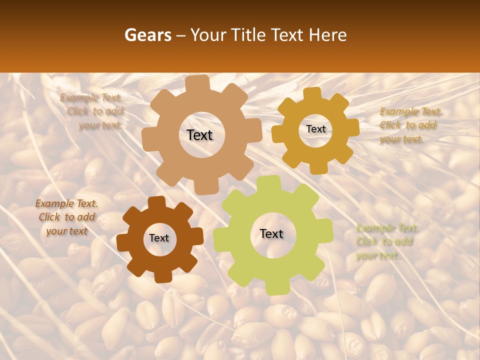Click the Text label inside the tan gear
(199, 135)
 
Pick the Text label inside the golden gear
(315, 129)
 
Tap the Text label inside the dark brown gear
(159, 238)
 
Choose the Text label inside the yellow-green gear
(271, 233)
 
